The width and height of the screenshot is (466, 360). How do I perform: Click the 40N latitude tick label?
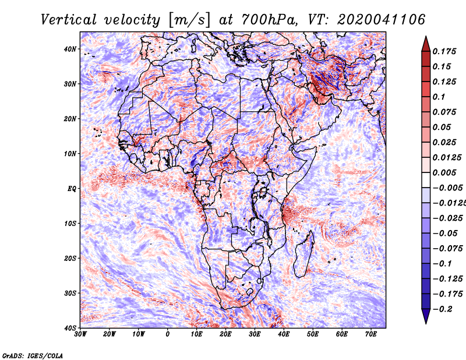70,49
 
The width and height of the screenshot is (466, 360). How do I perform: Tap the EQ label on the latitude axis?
72,189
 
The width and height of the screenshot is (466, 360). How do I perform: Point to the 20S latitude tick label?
70,258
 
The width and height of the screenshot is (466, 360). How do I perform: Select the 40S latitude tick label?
70,328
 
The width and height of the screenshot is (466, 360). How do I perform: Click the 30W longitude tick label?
80,334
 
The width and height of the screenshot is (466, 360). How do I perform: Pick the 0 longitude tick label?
168,334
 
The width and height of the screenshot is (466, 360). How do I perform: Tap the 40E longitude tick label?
284,334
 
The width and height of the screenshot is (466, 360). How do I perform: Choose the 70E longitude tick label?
371,334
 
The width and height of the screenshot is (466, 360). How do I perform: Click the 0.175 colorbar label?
444,51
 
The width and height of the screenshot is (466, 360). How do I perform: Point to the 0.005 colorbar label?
444,172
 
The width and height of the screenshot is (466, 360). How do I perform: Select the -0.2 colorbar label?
443,309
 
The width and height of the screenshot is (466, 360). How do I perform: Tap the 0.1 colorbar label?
439,97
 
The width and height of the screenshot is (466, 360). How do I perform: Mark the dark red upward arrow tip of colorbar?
426,37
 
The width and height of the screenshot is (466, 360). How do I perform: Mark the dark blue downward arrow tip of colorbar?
426,323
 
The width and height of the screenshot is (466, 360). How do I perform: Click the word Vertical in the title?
69,20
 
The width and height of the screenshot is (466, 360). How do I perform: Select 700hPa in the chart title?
269,20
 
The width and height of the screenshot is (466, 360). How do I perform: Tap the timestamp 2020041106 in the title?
381,20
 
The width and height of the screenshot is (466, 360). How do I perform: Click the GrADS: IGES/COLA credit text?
33,355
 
